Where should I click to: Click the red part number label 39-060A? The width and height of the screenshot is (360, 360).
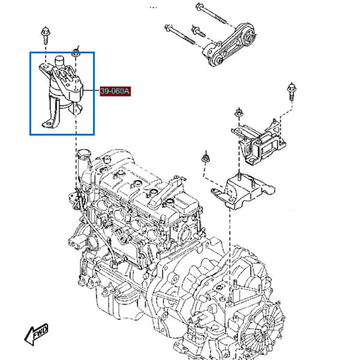(115, 91)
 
